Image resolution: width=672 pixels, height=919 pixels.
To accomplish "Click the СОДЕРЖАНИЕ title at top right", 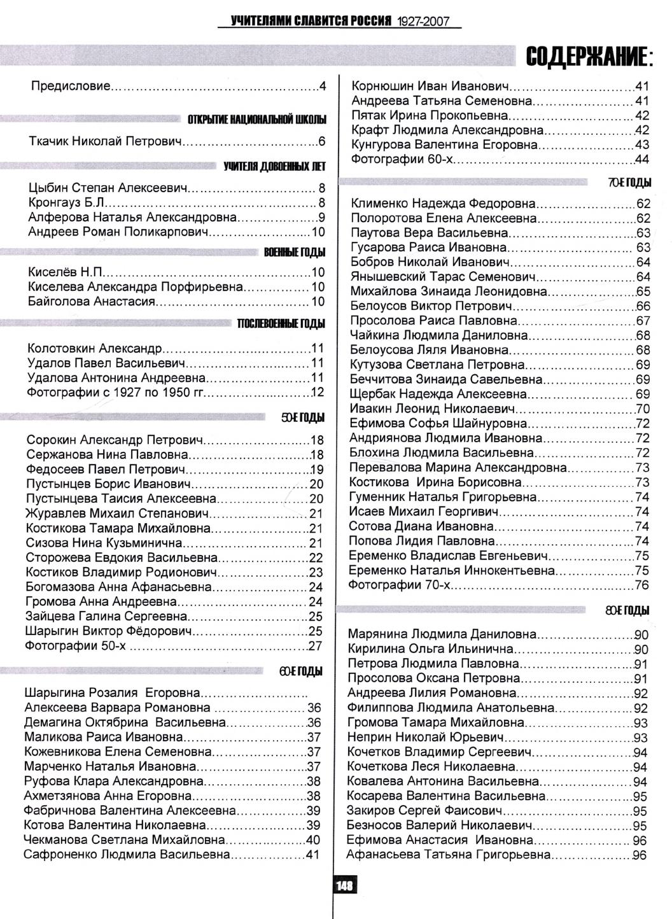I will (589, 59).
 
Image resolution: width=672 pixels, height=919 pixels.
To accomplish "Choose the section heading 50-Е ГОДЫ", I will (303, 418).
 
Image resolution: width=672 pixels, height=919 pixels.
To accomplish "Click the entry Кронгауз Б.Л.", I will (66, 203).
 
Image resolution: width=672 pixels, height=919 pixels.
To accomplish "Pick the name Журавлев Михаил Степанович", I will (118, 514).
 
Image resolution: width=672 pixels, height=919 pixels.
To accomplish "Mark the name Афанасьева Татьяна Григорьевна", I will (449, 855).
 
